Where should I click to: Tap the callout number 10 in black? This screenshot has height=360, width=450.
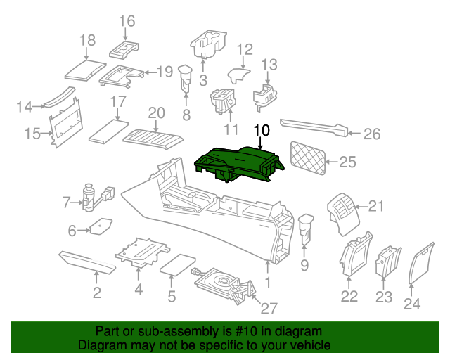261,130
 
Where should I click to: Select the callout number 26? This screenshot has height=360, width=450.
371,132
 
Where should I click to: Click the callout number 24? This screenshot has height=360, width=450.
411,303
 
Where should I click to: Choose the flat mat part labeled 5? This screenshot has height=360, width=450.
179,264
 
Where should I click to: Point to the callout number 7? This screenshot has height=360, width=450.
66,203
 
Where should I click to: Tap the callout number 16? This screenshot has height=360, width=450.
127,21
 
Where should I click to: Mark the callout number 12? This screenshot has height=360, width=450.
244,49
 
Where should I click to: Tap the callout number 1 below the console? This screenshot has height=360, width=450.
267,282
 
